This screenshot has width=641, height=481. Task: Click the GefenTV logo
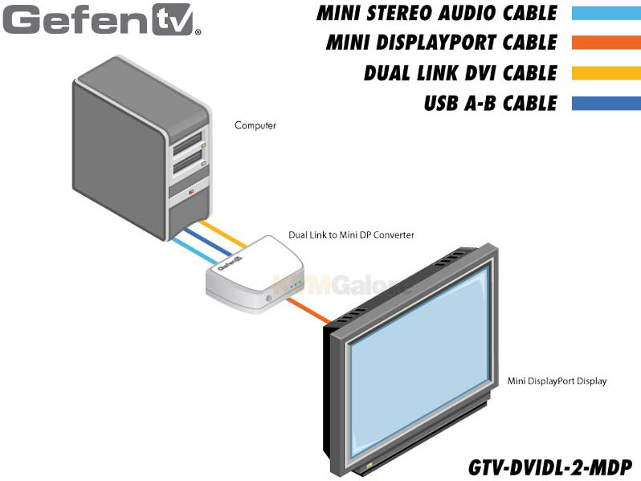pos(102,19)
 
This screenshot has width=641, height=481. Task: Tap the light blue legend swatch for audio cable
pos(606,13)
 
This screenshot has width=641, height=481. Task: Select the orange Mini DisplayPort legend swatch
pos(606,43)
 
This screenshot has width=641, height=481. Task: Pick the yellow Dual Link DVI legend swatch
pos(606,73)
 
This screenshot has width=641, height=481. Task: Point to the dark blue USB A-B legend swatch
pos(606,103)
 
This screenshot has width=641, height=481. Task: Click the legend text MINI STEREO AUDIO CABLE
pos(437,13)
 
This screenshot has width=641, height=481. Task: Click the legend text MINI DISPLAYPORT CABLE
pos(442,43)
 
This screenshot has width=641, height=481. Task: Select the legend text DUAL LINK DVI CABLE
pos(461,73)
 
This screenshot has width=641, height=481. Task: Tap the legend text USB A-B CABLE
pos(491,103)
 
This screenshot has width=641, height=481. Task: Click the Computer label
pos(255,125)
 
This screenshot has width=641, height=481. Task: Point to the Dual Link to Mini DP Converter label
pos(351,235)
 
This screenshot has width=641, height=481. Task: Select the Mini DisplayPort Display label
pos(557,381)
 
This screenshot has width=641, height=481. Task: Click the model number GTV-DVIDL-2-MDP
pos(550,467)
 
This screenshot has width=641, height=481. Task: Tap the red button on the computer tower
pos(191,191)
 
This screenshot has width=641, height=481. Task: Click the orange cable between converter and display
pos(308,311)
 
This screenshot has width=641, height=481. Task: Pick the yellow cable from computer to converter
pos(223,234)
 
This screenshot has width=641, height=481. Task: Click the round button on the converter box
pos(269,299)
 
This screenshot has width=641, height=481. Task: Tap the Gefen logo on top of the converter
pos(231,263)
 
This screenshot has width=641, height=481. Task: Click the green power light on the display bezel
pos(369,465)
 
